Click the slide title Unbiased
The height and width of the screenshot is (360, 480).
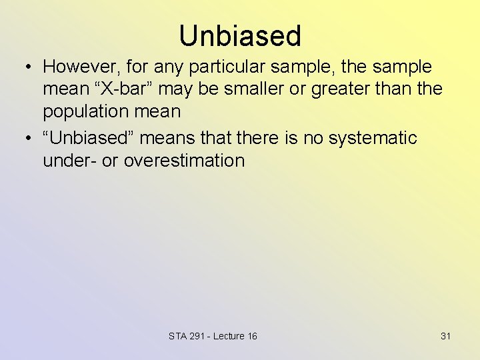240,35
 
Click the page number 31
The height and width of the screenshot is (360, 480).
445,336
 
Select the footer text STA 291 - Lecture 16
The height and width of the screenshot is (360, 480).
213,336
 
